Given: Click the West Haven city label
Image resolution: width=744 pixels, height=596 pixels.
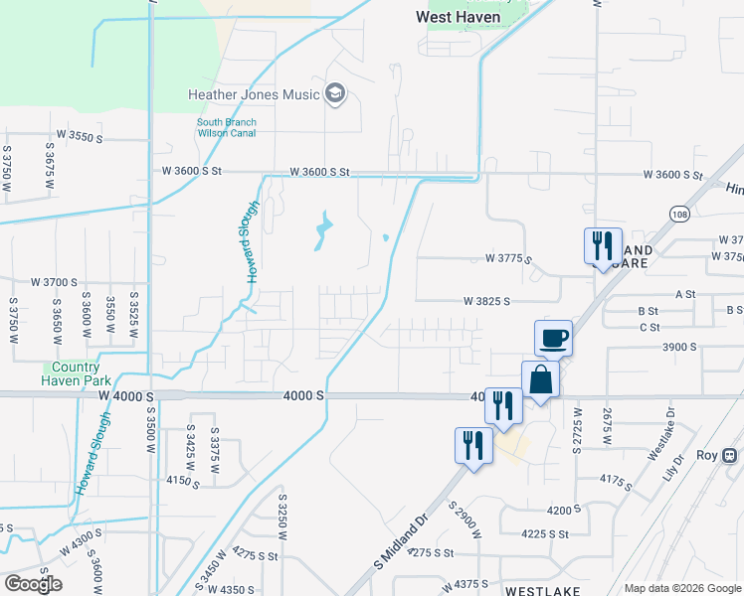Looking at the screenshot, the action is tap(458, 17).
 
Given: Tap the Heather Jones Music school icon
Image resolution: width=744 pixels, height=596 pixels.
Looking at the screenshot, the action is tap(334, 94).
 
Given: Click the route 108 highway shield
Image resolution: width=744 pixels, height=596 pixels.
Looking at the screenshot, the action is tap(678, 215).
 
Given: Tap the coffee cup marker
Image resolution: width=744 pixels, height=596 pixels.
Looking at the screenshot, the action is tap(553, 338).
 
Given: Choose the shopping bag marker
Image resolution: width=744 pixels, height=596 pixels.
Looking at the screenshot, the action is tap(540, 379).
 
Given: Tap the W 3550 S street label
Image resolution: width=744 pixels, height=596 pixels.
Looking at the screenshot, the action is tap(80, 136).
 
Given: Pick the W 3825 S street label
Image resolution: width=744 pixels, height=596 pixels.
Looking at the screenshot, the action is tap(486, 301).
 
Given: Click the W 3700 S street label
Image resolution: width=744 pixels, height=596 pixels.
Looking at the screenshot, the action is tap(54, 282).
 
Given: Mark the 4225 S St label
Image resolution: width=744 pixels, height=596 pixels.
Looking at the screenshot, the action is tap(544, 533).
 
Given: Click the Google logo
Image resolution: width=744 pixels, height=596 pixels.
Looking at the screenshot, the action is tap(33, 584).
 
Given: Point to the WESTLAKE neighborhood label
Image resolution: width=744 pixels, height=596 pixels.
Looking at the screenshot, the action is tap(542, 590).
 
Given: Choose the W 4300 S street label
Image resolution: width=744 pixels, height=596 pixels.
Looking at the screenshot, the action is tap(81, 544).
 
